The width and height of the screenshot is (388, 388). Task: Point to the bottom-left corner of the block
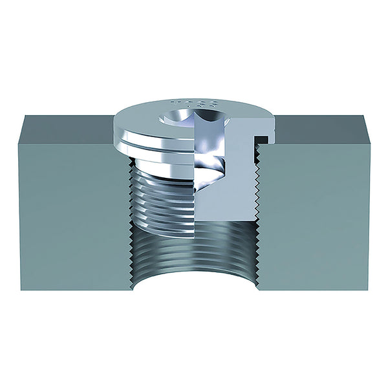20,289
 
